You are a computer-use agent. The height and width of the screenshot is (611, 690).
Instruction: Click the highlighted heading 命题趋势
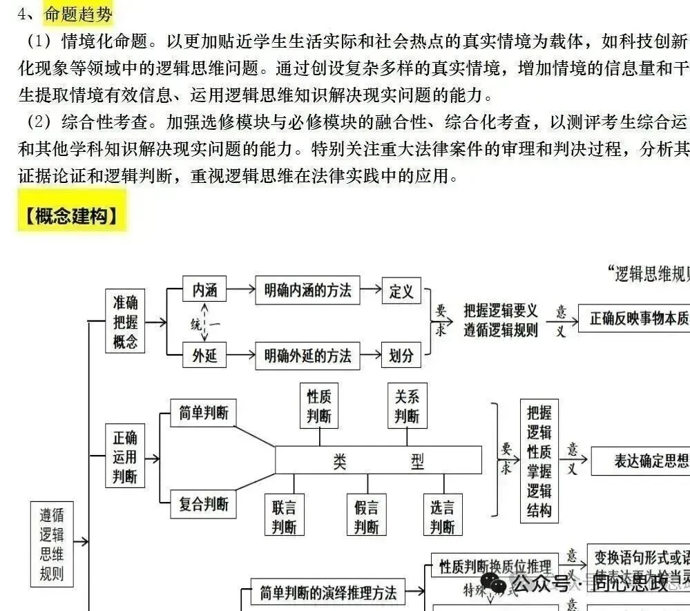point(79,14)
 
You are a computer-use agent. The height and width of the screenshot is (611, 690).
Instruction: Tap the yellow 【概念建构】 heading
point(72,217)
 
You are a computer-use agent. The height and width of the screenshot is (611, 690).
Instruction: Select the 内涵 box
point(204,291)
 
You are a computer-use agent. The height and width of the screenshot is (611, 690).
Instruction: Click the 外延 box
point(204,356)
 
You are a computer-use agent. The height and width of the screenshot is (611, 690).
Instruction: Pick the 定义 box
point(401,291)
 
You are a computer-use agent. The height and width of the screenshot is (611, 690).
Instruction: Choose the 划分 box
point(401,356)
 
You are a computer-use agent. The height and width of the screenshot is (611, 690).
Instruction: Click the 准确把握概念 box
point(125,322)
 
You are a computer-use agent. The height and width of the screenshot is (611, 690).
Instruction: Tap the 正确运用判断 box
point(125,456)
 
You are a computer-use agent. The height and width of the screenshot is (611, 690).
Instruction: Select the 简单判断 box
point(203,414)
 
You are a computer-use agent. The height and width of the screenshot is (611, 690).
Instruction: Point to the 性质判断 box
point(319,405)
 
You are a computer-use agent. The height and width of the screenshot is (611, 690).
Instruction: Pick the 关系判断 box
point(407,405)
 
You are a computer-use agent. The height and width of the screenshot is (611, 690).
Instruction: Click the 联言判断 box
point(284,517)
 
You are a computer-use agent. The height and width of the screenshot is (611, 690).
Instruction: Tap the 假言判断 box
point(366,517)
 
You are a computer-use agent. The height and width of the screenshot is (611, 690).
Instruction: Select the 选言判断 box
point(442,517)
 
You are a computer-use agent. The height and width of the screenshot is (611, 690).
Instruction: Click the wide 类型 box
point(378,460)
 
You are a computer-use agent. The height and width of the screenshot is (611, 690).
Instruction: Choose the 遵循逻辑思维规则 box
point(52,543)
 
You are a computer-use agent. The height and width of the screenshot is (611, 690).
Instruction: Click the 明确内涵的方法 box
point(307,291)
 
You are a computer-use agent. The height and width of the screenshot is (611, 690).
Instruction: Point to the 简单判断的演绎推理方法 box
point(328,593)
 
